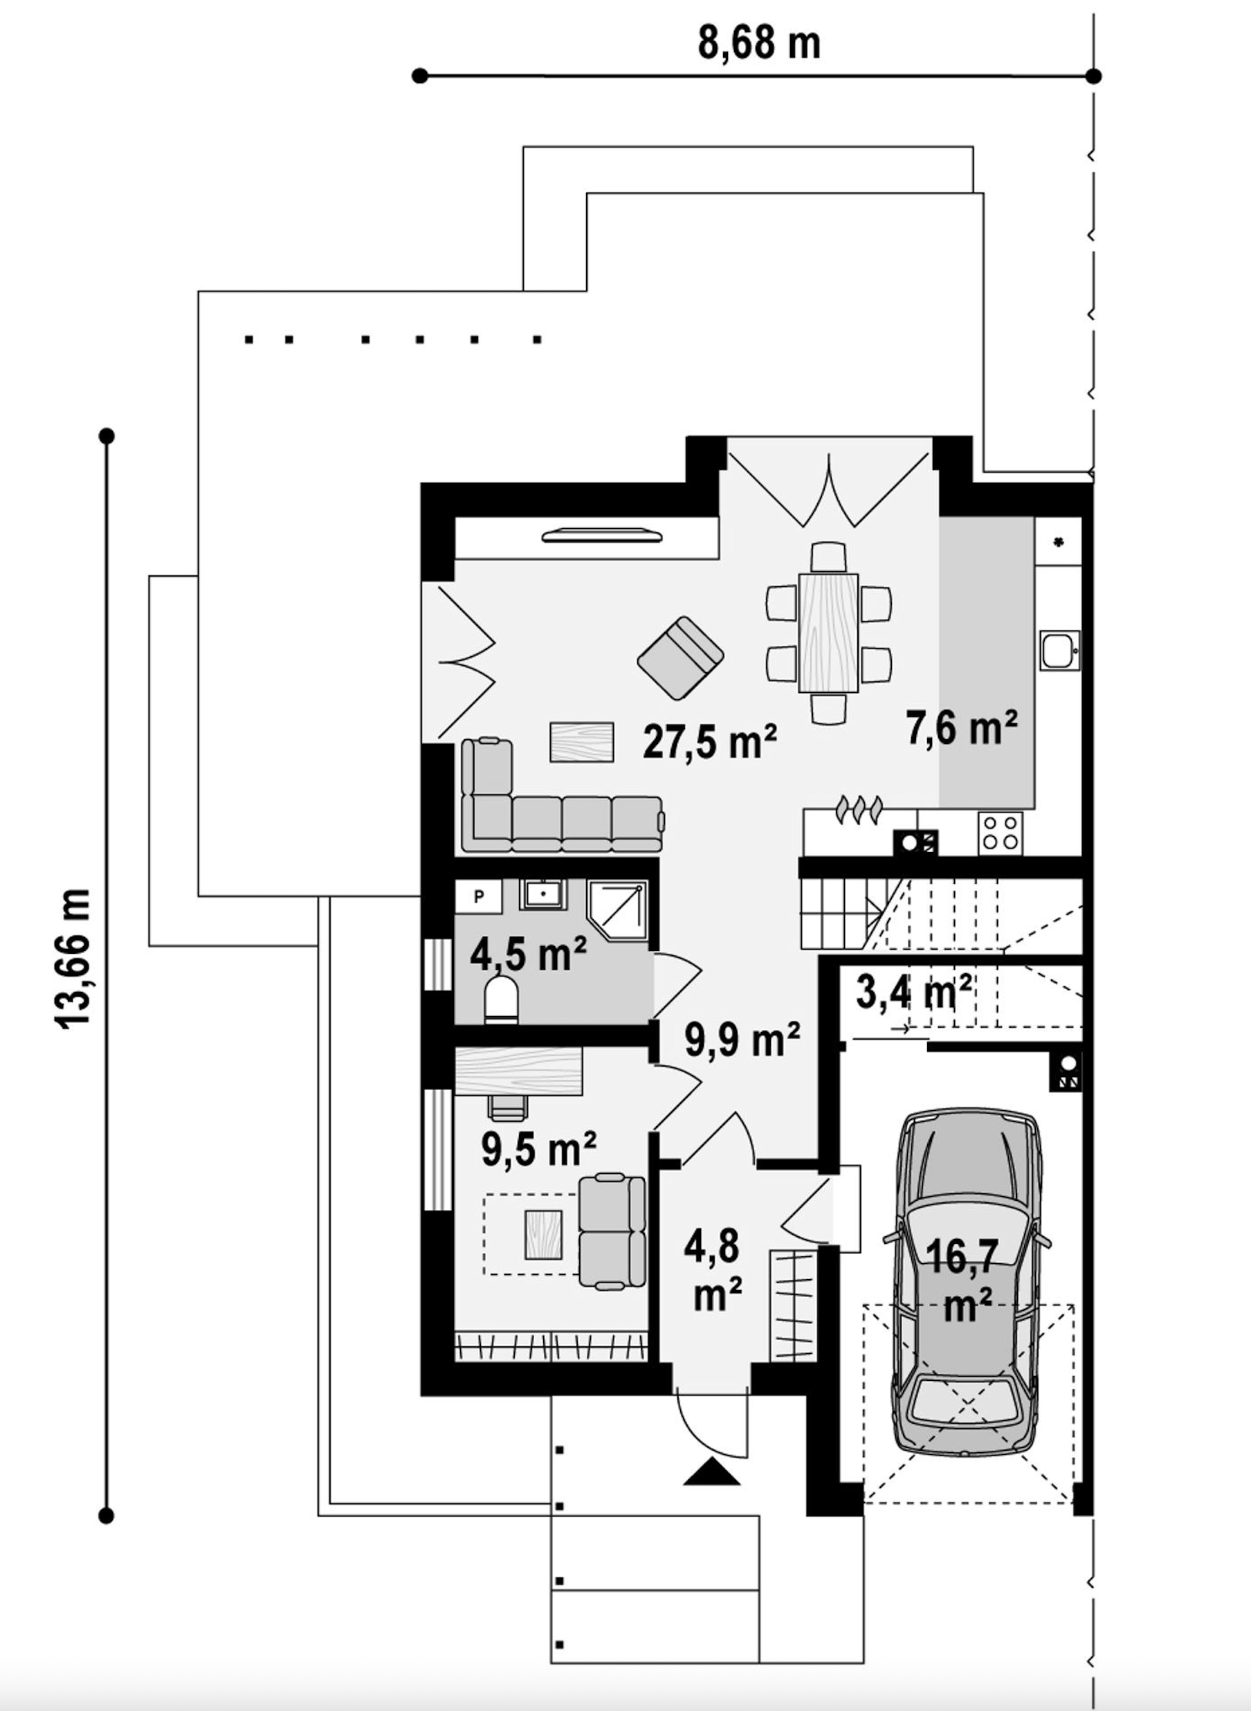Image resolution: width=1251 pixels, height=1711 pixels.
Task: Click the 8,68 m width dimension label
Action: [x=759, y=43]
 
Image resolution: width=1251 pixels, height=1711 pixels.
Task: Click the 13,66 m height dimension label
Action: [x=73, y=957]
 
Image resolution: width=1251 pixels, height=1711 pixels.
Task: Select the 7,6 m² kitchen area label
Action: [x=962, y=728]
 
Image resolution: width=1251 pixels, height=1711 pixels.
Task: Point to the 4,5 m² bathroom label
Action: [x=528, y=954]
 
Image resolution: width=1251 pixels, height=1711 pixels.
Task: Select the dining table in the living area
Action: [x=828, y=633]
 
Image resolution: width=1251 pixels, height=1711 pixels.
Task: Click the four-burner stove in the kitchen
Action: [x=1001, y=833]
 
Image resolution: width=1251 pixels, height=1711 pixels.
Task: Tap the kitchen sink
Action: [x=1059, y=650]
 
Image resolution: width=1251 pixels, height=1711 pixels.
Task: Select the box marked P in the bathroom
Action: [x=479, y=897]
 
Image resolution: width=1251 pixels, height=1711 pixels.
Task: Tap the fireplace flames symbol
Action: [x=859, y=809]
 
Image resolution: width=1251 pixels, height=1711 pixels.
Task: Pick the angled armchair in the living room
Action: [x=680, y=658]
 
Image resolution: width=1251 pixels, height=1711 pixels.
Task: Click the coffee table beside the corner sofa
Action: [x=582, y=741]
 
